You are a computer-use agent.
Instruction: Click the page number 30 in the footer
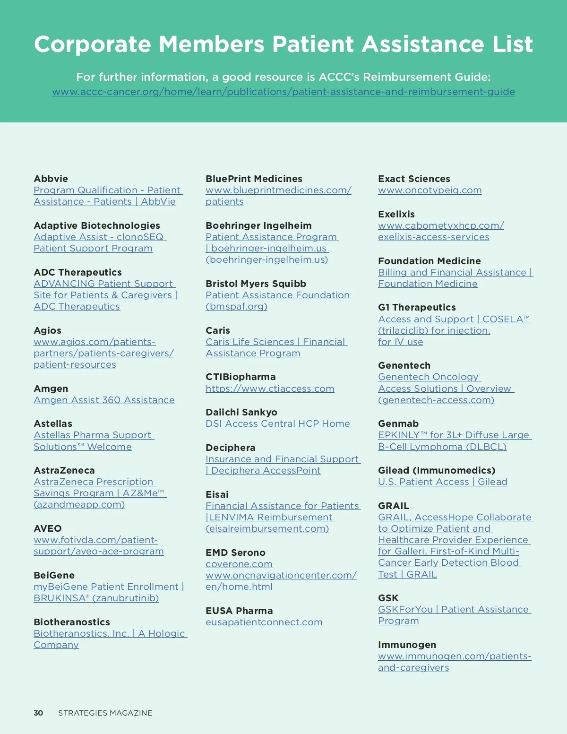tap(38, 713)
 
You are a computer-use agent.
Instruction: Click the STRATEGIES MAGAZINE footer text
tap(105, 713)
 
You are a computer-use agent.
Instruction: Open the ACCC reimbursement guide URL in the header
tap(283, 92)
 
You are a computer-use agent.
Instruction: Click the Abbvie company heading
tap(51, 179)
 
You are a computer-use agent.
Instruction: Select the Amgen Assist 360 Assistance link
tap(104, 400)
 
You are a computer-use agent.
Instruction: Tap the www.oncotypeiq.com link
tap(430, 190)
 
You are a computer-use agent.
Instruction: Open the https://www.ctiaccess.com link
tap(270, 389)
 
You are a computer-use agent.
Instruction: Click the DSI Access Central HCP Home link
tap(278, 423)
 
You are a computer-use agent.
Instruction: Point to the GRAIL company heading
tap(394, 506)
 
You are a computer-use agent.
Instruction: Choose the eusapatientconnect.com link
tap(264, 622)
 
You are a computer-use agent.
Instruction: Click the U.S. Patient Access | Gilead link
tap(443, 482)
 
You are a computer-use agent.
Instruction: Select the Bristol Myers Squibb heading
tap(256, 284)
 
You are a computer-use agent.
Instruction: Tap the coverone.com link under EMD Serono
tap(239, 564)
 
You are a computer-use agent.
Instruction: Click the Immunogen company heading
tap(407, 645)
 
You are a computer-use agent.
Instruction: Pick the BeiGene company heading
tap(54, 575)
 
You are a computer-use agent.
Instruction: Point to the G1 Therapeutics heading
tap(417, 307)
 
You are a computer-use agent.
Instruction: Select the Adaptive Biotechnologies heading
tap(97, 225)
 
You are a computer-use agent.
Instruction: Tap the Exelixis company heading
tap(396, 214)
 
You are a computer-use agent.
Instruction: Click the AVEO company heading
tap(48, 528)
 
